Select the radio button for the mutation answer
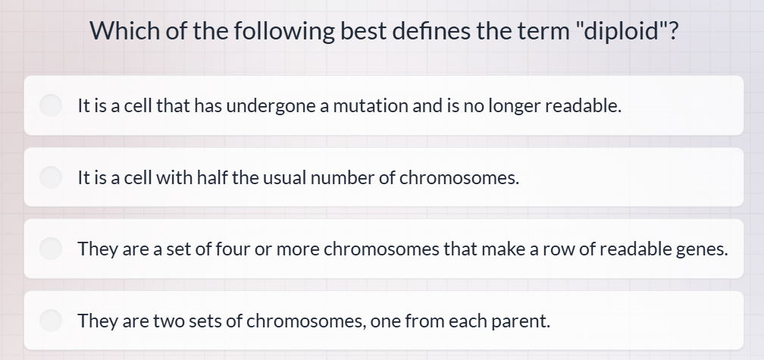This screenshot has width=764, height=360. coord(52,105)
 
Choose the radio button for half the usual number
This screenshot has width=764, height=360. coord(52,177)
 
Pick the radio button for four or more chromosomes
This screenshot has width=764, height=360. coord(52,249)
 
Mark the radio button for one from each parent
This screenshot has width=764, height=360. coord(52,321)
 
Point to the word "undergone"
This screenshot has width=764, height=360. coord(271,106)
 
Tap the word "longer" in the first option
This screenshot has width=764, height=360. coord(514,106)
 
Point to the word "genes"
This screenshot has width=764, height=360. coord(700,249)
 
